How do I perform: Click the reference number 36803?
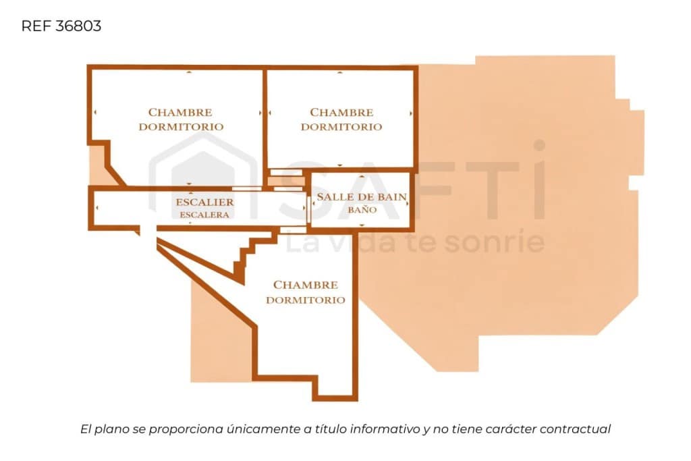click(x=78, y=26)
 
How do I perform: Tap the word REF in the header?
click(x=36, y=26)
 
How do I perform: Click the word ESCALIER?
click(x=205, y=202)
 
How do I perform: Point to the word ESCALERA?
click(x=204, y=215)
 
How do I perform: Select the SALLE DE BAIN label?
click(x=362, y=197)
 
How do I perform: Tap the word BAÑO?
click(x=362, y=209)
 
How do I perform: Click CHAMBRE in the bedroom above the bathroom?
click(x=341, y=113)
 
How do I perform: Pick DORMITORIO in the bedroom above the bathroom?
click(x=341, y=127)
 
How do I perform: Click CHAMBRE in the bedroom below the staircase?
click(x=306, y=285)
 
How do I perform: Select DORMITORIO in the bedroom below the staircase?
click(x=306, y=300)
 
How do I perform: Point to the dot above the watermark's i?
click(x=539, y=145)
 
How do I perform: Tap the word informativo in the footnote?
click(x=384, y=429)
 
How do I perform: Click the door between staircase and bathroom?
click(x=308, y=209)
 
